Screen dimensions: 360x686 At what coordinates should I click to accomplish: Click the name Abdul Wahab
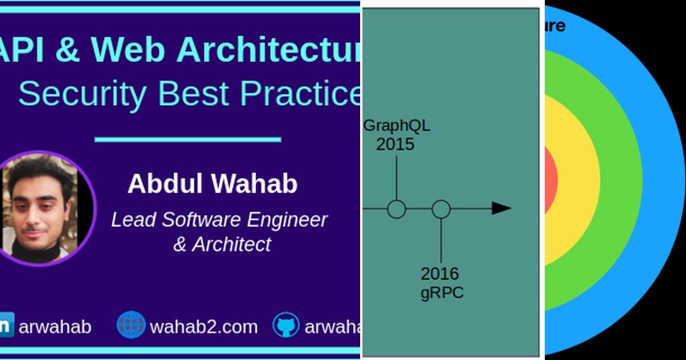213,184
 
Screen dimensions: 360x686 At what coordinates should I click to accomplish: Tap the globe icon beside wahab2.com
131,325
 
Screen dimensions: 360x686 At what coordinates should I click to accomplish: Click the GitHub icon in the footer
285,325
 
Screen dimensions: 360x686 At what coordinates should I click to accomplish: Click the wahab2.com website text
204,327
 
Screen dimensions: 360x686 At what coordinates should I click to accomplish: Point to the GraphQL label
396,126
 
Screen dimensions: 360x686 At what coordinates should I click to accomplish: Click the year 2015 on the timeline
395,144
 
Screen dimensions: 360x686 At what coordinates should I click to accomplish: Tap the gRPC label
441,293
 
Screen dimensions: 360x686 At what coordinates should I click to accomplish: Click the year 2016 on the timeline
440,274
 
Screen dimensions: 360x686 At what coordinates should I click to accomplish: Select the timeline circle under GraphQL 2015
396,209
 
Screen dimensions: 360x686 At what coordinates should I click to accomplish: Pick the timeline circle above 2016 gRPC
441,209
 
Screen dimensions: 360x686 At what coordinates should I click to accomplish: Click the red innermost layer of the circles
550,180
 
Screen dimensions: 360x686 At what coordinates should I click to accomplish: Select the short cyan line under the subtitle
188,139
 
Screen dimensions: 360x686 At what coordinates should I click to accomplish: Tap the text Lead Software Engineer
219,220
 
